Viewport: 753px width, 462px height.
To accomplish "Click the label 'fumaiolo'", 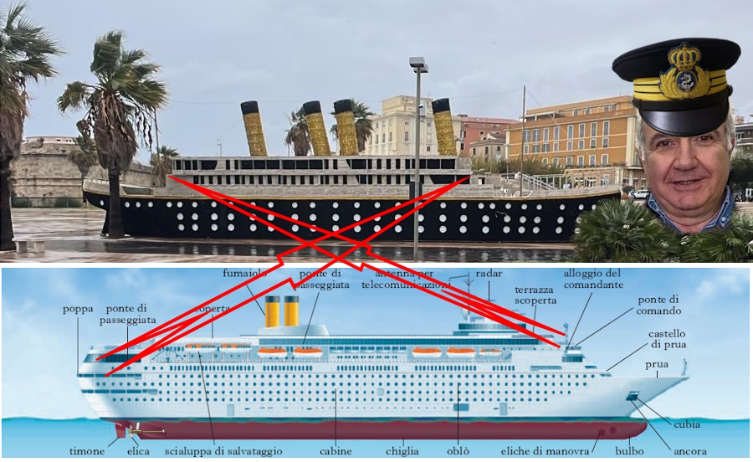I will point(245,275).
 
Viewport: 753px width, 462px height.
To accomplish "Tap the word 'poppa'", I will point(78,308).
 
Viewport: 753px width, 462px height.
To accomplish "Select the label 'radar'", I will point(489,275).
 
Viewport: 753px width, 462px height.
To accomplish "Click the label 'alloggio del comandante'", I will point(593,280).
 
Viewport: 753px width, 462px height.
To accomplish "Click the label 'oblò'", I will point(458,451).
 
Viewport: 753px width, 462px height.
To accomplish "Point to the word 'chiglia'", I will point(402,451).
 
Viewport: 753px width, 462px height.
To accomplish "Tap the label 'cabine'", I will point(336,451).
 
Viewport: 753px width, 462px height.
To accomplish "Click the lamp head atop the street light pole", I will point(418,64).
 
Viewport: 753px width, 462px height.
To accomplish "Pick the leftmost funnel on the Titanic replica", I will point(254,128).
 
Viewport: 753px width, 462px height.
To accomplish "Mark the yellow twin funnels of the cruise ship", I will point(282,311).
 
